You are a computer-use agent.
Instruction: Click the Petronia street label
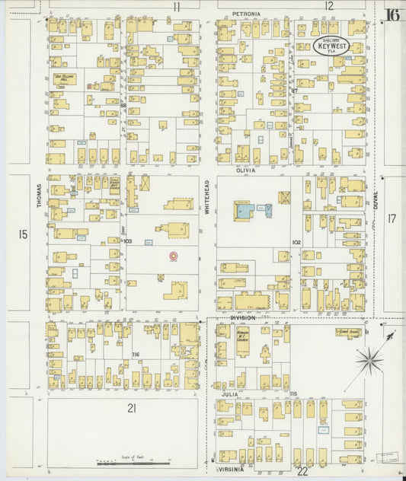tap(246, 14)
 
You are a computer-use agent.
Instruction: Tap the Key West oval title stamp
tap(331, 46)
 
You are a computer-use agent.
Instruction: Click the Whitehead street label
tap(206, 196)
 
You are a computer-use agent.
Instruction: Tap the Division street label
tap(241, 317)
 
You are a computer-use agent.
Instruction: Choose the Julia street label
tap(230, 394)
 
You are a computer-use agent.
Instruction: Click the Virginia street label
tap(232, 470)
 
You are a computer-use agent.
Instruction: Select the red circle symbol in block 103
tap(173, 256)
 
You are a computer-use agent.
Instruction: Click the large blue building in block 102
tap(245, 210)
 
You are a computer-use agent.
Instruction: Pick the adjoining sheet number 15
tap(23, 234)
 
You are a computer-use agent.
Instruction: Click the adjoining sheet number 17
tap(392, 218)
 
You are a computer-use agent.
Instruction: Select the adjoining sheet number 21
tap(132, 408)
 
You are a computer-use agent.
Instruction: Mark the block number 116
tap(135, 355)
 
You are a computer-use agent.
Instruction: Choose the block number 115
tap(293, 393)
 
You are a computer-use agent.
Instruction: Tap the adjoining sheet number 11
tap(176, 7)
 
